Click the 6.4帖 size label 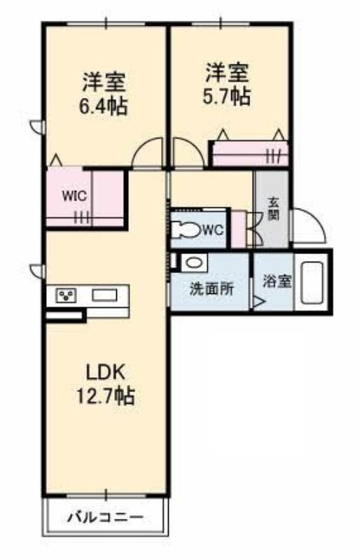click(104, 106)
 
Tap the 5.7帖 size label click(226, 96)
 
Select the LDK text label click(105, 372)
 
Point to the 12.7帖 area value click(106, 395)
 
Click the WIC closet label click(74, 196)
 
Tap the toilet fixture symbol click(186, 230)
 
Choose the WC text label click(213, 230)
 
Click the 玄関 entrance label click(273, 209)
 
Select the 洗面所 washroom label click(212, 289)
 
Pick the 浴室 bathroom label click(277, 281)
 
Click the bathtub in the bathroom click(312, 282)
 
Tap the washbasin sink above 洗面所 click(194, 263)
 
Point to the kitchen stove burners click(67, 295)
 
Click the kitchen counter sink click(105, 295)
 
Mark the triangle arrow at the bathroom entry click(258, 303)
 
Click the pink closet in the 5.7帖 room click(250, 153)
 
